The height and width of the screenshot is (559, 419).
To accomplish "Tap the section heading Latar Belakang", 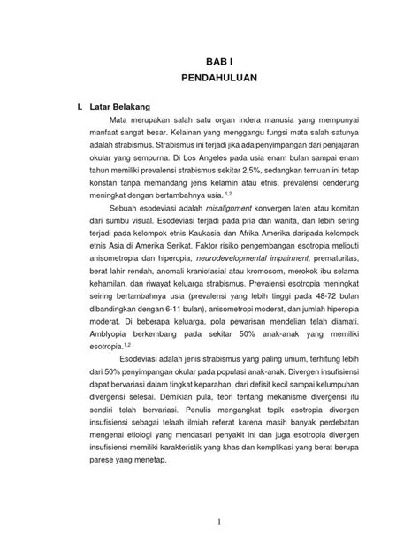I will [118, 107].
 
